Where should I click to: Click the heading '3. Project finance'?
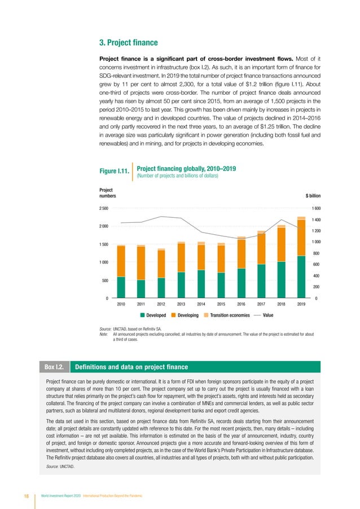[x=128, y=42]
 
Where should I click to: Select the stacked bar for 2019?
[x=301, y=257]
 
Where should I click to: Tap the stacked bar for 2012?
[x=161, y=273]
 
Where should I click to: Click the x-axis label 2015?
[x=221, y=304]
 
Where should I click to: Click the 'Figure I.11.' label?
[x=115, y=170]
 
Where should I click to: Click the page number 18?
[x=26, y=495]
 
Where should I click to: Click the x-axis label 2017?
[x=261, y=304]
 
